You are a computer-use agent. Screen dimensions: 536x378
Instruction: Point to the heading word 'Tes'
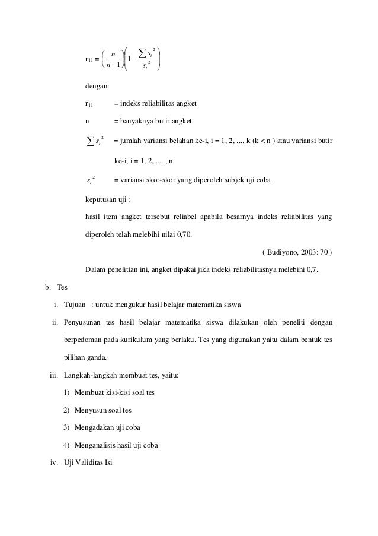coord(63,287)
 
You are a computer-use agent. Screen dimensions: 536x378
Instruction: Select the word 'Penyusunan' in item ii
coord(83,323)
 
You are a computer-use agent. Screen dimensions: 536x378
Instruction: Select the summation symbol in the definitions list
coord(89,142)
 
